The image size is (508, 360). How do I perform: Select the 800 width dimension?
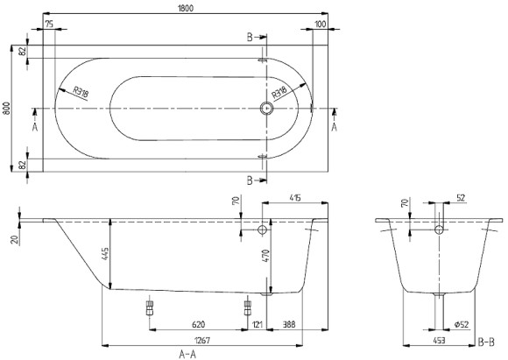(x=7, y=109)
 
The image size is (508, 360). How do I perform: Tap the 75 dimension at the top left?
(x=50, y=23)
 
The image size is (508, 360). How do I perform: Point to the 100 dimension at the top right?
(x=321, y=23)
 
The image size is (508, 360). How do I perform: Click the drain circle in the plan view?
(x=267, y=109)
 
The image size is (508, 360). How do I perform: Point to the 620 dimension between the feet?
(x=198, y=325)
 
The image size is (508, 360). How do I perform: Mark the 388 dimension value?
(x=289, y=325)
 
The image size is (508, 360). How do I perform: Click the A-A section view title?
(x=187, y=353)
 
